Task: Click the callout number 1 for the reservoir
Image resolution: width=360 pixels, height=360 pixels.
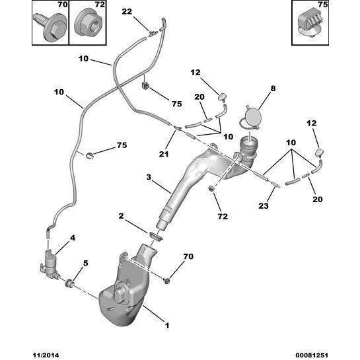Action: point(166,326)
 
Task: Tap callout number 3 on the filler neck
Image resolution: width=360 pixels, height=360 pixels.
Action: point(149,178)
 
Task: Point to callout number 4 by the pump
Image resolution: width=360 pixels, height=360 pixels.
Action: point(73,237)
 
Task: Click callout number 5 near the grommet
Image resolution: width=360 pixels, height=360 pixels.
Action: point(85,264)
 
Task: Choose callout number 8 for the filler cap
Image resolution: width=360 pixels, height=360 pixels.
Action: point(272,87)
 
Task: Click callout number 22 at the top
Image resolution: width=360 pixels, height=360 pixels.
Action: point(126,11)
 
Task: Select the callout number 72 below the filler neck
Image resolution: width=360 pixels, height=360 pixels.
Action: point(223,216)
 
